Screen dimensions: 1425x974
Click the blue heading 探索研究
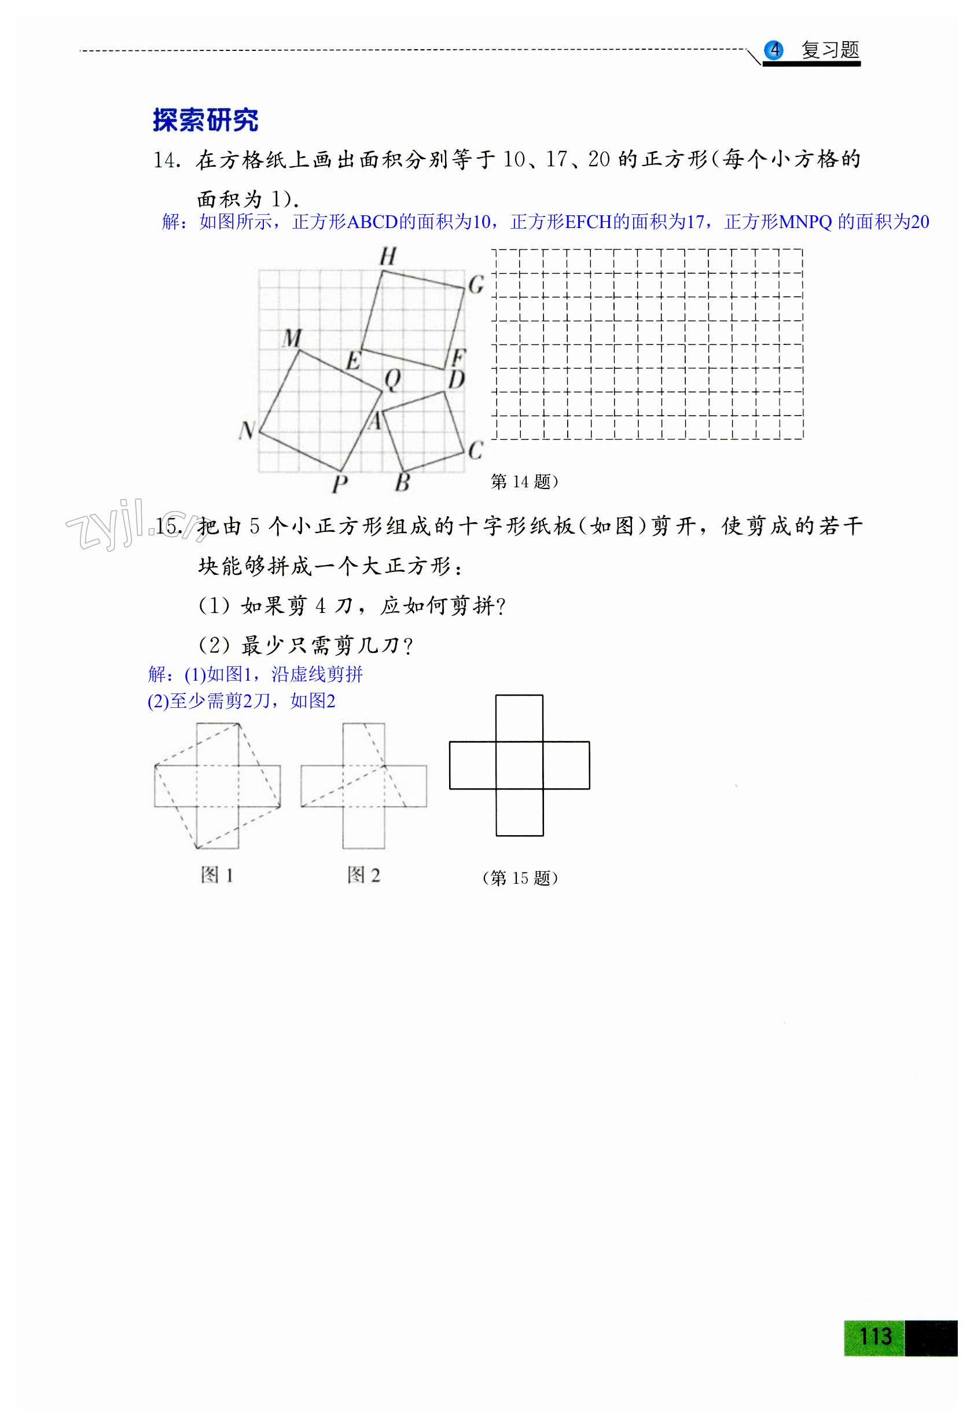[205, 120]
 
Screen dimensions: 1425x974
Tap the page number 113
[874, 1336]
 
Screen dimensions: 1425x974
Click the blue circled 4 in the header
[774, 50]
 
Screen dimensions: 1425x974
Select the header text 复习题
[830, 50]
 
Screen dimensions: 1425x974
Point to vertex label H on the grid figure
[388, 256]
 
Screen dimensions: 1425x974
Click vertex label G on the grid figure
[476, 285]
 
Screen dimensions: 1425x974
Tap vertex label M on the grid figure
[292, 338]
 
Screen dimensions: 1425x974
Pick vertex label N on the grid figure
[247, 431]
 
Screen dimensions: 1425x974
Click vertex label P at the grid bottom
[340, 484]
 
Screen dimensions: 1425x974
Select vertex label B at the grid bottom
[402, 482]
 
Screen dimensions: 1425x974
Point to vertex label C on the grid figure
[476, 451]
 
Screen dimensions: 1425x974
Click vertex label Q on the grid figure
[392, 380]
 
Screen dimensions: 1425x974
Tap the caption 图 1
[217, 875]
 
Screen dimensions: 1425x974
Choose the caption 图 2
[363, 875]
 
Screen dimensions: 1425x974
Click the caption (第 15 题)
[520, 878]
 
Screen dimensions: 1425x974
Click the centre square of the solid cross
[519, 765]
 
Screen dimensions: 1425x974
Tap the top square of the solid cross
[519, 718]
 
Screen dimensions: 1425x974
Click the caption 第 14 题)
[524, 482]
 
